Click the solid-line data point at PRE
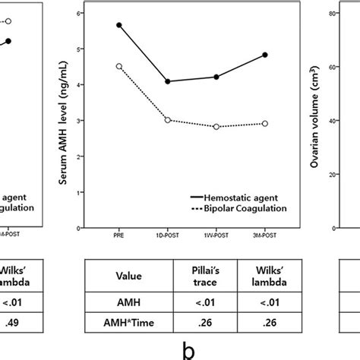(x=119, y=25)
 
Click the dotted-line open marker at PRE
(x=119, y=66)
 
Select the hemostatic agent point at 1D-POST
(x=168, y=81)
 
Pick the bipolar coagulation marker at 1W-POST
(x=216, y=127)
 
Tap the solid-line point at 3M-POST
(x=264, y=55)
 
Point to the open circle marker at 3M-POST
(x=264, y=123)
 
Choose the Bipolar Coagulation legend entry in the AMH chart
(x=237, y=207)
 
